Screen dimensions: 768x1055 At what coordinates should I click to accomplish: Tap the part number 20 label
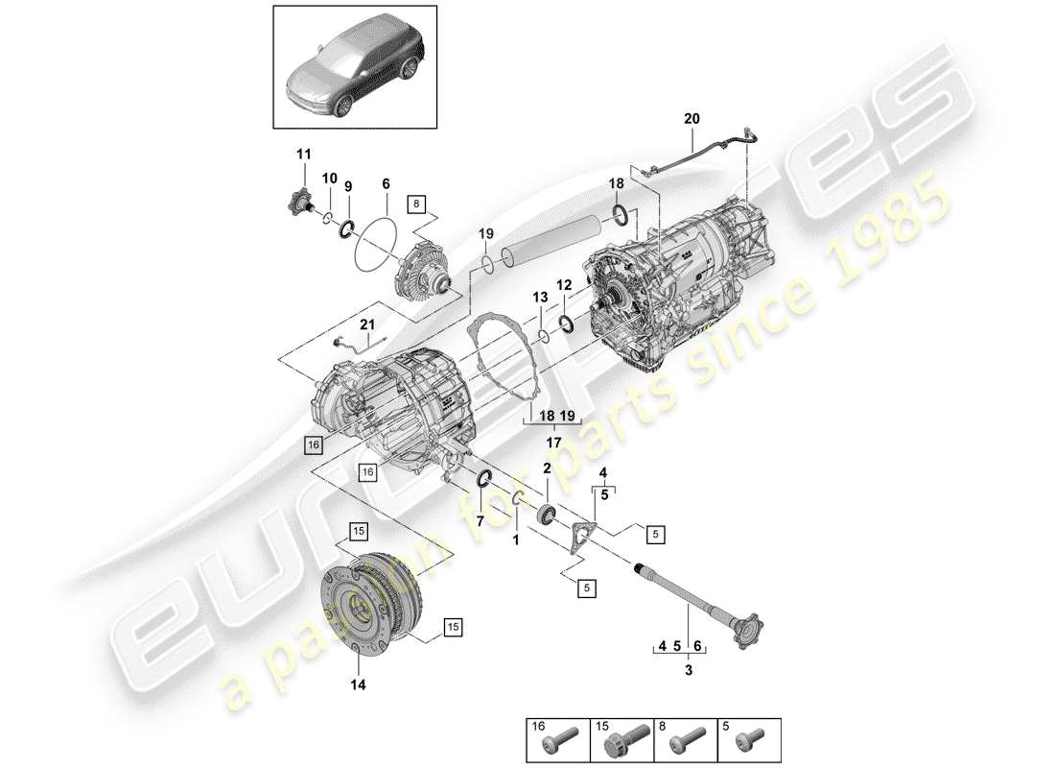[692, 118]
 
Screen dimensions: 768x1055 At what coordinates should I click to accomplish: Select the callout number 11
[304, 155]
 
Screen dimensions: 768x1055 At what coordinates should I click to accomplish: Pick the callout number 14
[357, 685]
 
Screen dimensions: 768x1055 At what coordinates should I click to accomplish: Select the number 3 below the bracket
[689, 671]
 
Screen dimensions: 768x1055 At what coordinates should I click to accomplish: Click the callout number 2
[548, 468]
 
